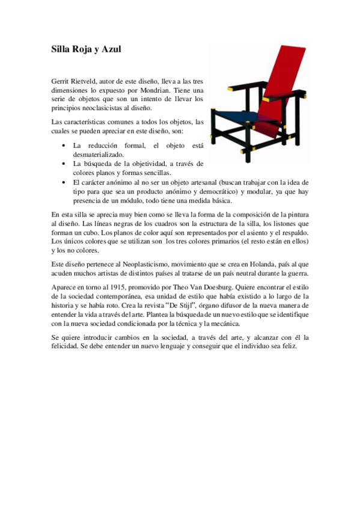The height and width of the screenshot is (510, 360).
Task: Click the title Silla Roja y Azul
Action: pos(86,50)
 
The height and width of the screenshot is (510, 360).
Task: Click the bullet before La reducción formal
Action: pos(64,146)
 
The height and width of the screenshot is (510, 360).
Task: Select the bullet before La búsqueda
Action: pos(64,164)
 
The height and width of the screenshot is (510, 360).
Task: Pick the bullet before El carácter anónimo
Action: pos(64,182)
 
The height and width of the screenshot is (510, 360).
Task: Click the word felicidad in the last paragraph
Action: pos(68,347)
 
